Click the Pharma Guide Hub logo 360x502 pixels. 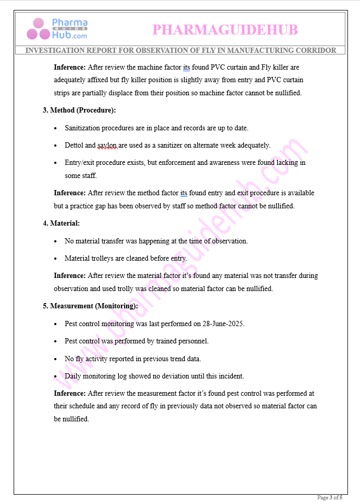click(x=58, y=29)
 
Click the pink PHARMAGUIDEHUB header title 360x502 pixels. click(x=225, y=30)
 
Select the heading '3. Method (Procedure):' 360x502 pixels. click(x=79, y=110)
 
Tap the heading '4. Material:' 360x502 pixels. click(x=61, y=224)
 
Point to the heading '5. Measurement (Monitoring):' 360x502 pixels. click(x=90, y=306)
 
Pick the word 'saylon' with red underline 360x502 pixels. click(x=107, y=145)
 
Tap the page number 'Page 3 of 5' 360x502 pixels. click(x=330, y=497)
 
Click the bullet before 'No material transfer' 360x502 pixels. click(x=57, y=241)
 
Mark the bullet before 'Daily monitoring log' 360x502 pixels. click(x=57, y=376)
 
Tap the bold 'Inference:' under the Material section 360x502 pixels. click(x=70, y=275)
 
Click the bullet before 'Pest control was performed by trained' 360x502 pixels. click(x=57, y=341)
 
